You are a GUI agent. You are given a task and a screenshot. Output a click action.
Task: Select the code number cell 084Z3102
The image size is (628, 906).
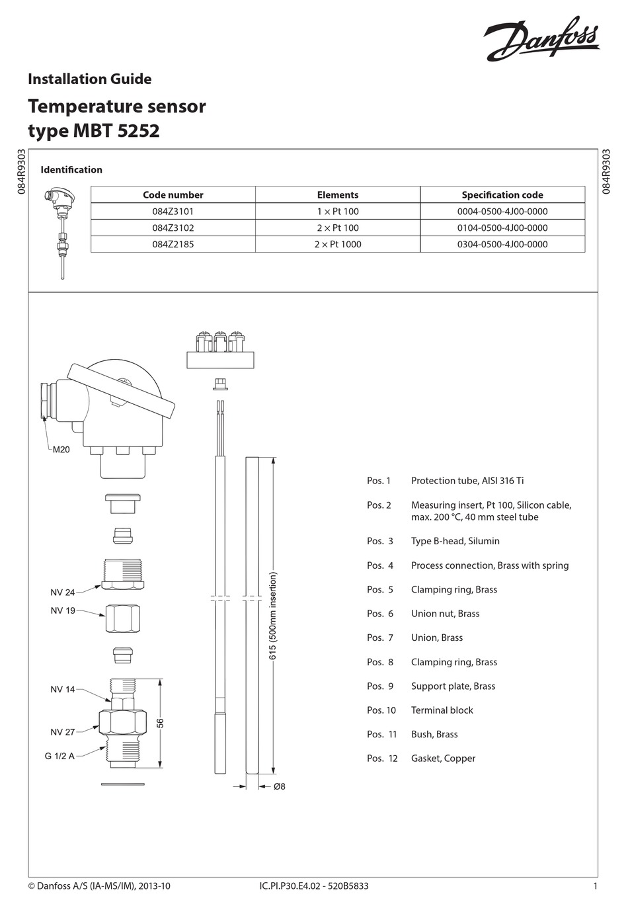173,227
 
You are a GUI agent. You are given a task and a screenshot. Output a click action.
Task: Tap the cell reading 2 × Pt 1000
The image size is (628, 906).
337,244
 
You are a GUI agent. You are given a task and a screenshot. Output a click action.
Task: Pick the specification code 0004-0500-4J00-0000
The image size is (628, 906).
502,212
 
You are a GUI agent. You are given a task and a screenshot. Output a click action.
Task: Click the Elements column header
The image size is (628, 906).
337,195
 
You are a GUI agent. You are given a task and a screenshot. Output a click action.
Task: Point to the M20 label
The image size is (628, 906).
61,450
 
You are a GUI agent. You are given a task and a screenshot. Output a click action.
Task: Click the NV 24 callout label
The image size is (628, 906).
63,593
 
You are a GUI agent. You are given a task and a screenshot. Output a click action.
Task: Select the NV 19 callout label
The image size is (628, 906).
63,610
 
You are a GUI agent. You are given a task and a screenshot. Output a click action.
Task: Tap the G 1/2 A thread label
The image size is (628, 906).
59,756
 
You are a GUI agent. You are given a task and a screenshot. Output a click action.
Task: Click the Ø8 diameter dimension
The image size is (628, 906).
280,786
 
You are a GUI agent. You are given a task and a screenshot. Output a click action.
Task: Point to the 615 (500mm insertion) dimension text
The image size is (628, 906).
272,615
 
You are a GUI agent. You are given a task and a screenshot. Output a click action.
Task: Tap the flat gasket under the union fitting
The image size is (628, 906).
123,785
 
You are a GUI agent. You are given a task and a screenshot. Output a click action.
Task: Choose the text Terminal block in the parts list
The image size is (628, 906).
442,710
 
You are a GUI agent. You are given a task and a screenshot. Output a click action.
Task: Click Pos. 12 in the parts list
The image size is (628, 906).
382,759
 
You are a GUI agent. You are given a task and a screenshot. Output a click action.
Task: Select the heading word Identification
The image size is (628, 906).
71,170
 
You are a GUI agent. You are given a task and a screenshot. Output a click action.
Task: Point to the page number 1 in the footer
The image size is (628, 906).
596,886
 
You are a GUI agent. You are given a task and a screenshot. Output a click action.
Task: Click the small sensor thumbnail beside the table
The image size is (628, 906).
58,231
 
